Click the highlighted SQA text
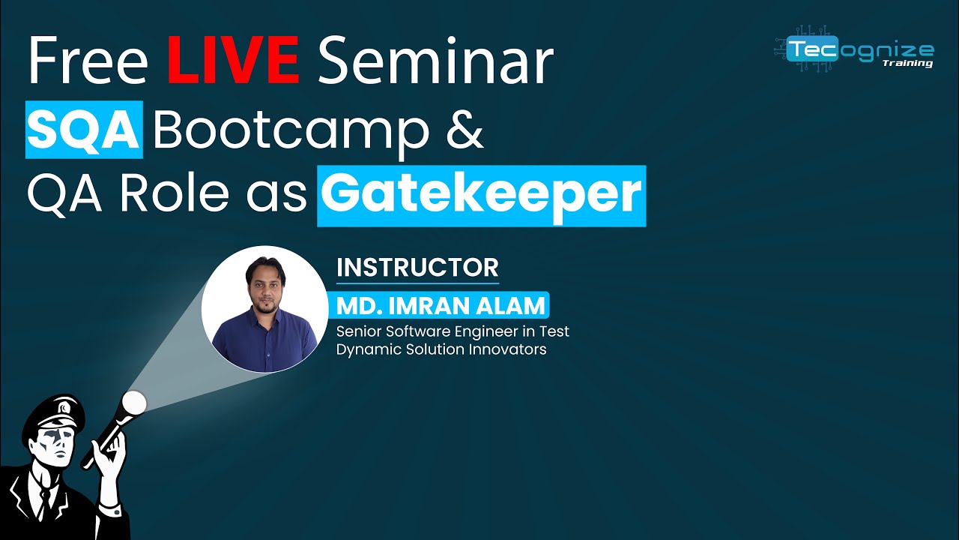pyautogui.click(x=84, y=129)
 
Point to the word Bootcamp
pyautogui.click(x=291, y=129)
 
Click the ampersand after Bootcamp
pyautogui.click(x=466, y=129)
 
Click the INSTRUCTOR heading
pyautogui.click(x=417, y=267)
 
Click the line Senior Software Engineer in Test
pyautogui.click(x=453, y=331)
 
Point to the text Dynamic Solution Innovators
pyautogui.click(x=441, y=349)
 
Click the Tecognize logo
pyautogui.click(x=855, y=51)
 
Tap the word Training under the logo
pyautogui.click(x=907, y=64)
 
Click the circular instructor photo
pyautogui.click(x=264, y=309)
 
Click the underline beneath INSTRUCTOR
pyautogui.click(x=417, y=283)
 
